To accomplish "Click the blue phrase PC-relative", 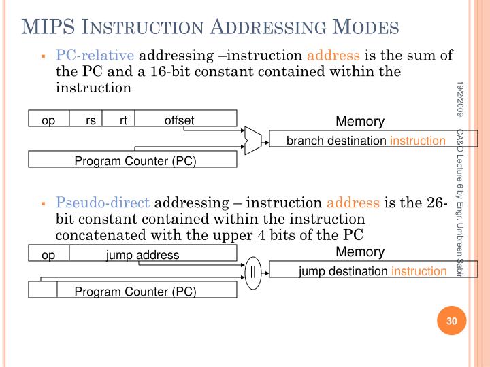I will [x=96, y=55].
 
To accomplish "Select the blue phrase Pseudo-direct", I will [x=105, y=202].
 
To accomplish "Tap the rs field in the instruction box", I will [x=91, y=121].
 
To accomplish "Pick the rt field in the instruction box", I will [x=123, y=121].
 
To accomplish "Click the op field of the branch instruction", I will [x=48, y=121].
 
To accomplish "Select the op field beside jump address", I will [x=48, y=255].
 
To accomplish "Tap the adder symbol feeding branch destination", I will [x=252, y=140].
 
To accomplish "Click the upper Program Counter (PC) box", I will [x=133, y=160].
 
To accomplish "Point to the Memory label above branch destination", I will [x=360, y=122].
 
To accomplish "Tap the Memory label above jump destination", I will [x=360, y=252].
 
